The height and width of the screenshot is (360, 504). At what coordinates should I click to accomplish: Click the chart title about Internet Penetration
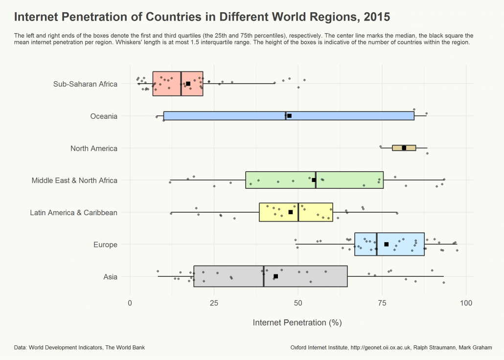[x=202, y=17]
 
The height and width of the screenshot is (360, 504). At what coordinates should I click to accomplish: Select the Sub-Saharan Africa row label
[x=85, y=84]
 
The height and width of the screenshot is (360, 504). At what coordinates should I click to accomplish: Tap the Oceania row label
[x=104, y=116]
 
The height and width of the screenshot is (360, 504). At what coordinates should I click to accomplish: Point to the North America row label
[x=93, y=148]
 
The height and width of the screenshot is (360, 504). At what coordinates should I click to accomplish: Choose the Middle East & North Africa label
[x=74, y=180]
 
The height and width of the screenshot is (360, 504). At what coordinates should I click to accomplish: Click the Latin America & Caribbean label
[x=73, y=212]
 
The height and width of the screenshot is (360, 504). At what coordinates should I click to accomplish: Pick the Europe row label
[x=105, y=245]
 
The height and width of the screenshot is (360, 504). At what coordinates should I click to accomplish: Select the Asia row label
[x=110, y=277]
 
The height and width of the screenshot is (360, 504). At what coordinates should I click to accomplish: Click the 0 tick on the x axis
[x=130, y=303]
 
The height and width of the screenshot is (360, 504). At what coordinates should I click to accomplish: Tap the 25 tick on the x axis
[x=214, y=303]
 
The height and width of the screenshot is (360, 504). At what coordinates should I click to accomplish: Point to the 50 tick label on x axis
[x=298, y=303]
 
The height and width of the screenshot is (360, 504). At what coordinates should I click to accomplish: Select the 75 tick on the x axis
[x=382, y=303]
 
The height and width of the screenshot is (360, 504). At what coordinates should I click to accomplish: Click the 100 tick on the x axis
[x=466, y=303]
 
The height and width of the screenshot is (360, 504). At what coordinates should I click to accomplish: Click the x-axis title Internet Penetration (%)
[x=297, y=323]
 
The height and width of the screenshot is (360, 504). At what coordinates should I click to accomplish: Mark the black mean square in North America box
[x=404, y=148]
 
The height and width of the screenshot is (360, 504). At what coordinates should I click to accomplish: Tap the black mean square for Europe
[x=386, y=244]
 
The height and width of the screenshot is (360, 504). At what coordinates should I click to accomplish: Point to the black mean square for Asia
[x=275, y=276]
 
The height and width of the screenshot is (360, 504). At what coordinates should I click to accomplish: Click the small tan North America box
[x=410, y=148]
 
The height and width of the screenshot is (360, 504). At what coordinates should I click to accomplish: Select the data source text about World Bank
[x=79, y=348]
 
